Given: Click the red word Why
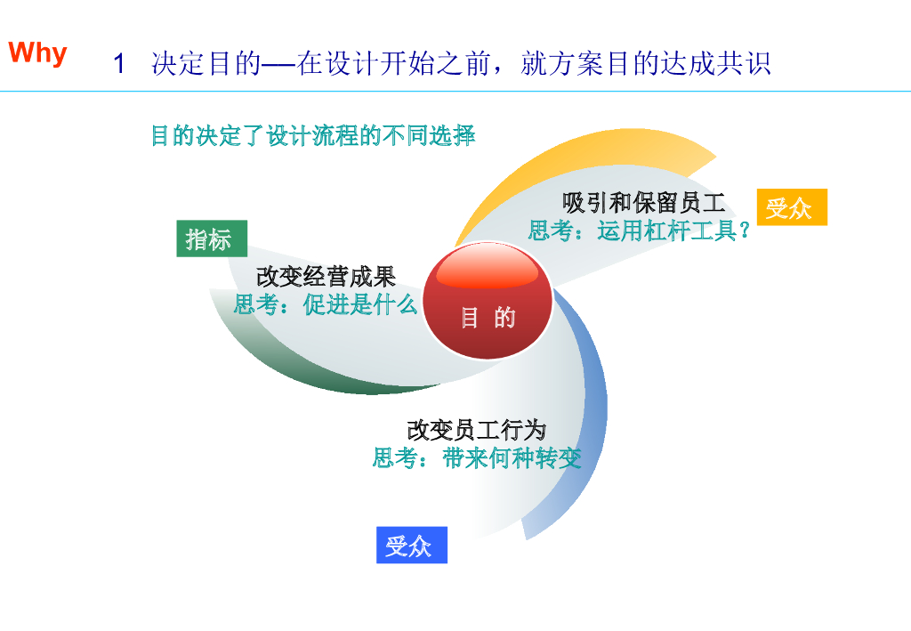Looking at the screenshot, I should click(38, 53).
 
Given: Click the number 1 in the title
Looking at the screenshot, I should click(119, 64).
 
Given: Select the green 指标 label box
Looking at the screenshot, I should click(211, 239).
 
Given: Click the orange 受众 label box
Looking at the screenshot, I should click(791, 207).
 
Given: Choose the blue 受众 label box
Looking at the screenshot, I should click(411, 545).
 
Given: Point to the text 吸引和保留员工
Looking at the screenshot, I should click(644, 203).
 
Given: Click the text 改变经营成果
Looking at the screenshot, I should click(326, 276).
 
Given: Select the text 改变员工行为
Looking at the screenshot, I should click(476, 430).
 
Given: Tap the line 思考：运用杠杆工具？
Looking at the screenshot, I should click(639, 231).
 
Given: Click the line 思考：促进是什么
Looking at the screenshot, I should click(326, 304).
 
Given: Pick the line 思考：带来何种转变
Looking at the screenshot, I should click(477, 458).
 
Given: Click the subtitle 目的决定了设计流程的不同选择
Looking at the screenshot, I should click(312, 136).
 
